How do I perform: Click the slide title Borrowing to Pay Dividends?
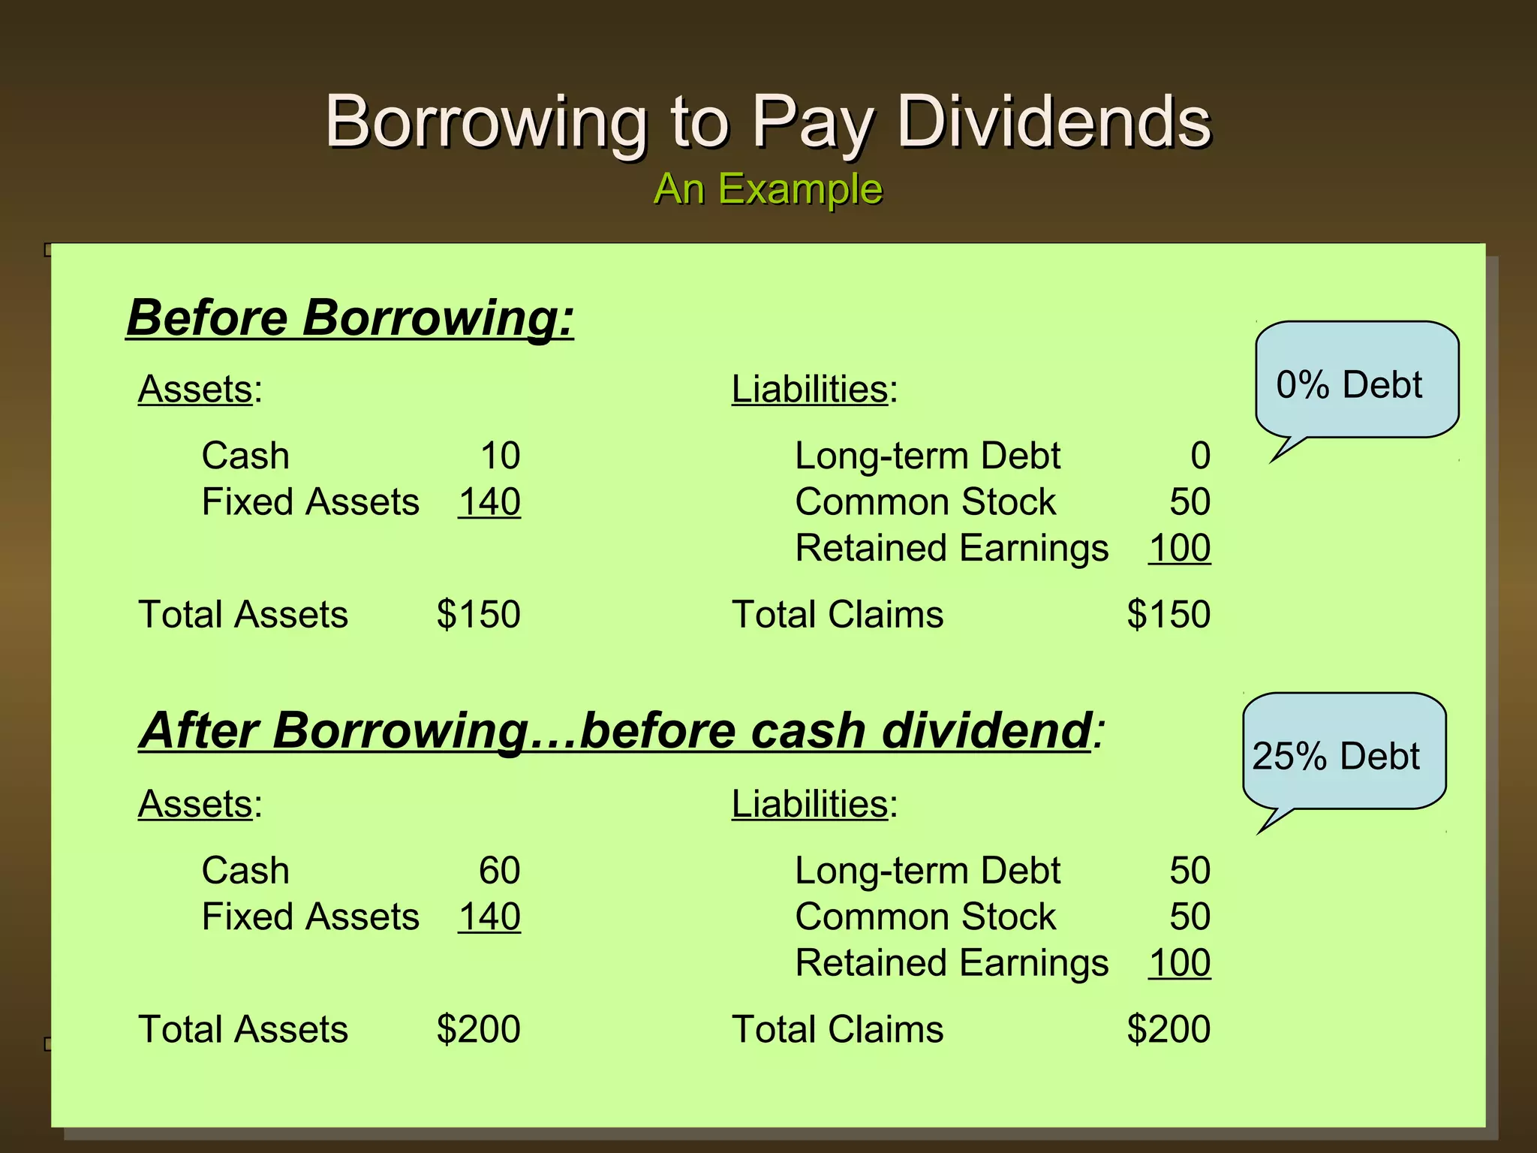coord(768,122)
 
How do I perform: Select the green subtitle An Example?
coord(768,188)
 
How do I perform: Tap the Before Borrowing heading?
coord(350,318)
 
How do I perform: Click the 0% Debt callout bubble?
coord(1355,382)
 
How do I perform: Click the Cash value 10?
coord(500,456)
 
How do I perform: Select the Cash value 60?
coord(500,871)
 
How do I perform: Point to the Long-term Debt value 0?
coord(1200,456)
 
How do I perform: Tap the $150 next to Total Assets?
coord(478,614)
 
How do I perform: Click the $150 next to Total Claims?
coord(1169,614)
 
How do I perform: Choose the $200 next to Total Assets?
coord(478,1029)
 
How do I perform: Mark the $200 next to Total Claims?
coord(1169,1029)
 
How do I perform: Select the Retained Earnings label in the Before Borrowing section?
coord(951,548)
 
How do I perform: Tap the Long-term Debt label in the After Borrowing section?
coord(928,871)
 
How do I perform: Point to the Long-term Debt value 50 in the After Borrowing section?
coord(1190,871)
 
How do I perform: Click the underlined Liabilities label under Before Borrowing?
coord(810,389)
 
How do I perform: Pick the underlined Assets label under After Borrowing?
coord(195,804)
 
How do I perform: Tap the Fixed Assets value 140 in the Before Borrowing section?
coord(489,502)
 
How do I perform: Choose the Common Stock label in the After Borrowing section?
coord(925,917)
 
